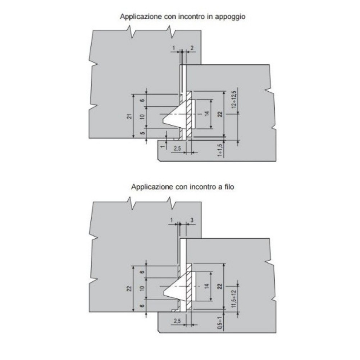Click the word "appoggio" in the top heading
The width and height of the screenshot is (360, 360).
[230, 17]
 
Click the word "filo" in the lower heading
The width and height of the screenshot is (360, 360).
[229, 187]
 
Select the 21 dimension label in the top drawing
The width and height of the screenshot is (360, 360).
[130, 116]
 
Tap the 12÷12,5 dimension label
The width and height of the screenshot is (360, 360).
[234, 99]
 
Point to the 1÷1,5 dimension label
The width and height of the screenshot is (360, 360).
[220, 150]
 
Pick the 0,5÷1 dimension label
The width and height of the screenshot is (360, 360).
[220, 323]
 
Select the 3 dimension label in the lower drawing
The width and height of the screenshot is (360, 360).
[192, 220]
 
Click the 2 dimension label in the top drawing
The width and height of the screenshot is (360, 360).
[192, 48]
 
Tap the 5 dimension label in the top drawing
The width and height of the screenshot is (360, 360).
[142, 133]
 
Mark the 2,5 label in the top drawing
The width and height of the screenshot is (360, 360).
[177, 149]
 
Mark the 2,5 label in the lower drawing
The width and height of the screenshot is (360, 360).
[177, 321]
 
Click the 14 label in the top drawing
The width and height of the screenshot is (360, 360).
[207, 113]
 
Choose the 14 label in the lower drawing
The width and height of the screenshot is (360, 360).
[207, 286]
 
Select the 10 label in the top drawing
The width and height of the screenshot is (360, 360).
[142, 116]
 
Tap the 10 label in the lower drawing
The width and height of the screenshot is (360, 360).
[142, 288]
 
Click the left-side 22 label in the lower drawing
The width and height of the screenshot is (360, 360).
[130, 288]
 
